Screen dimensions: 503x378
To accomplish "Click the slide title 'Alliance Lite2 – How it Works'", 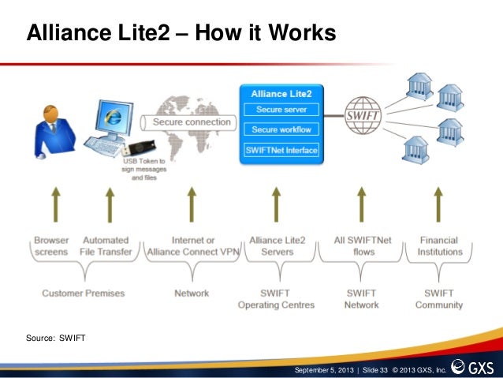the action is coord(181,34).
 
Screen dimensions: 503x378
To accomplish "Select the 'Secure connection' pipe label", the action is coord(191,122).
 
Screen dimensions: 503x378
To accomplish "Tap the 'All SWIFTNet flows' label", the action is coord(362,245).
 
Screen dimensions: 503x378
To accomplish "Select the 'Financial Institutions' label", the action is coord(439,245).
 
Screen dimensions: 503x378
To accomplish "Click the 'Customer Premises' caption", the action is coord(83,293).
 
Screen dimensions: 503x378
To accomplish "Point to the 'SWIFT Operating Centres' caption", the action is coord(275,298).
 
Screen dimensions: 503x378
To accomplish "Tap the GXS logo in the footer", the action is coord(473,368).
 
